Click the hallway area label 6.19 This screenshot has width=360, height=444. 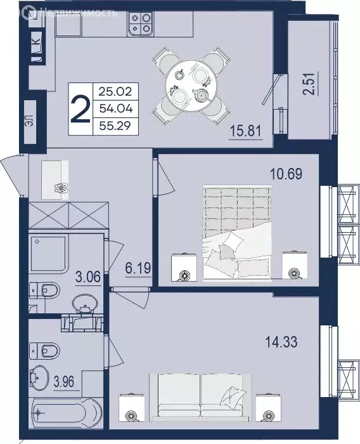coord(138,269)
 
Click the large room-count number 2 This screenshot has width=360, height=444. coord(80,109)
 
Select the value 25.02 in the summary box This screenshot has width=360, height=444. coord(114,92)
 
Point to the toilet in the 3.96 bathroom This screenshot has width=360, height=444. coord(45,349)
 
